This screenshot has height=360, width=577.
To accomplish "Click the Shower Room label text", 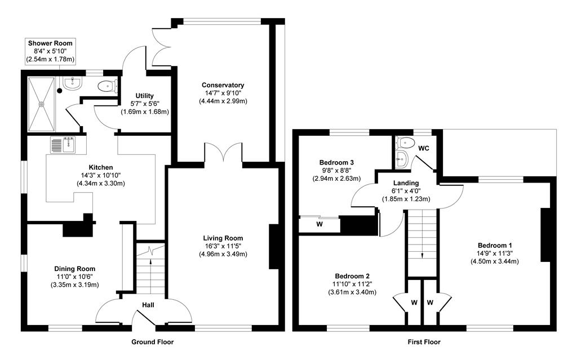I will point(51,43).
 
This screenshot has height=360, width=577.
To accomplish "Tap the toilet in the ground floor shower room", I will point(106,86).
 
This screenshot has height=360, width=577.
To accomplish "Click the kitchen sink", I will point(63,145).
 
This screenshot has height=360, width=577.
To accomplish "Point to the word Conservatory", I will point(223,85).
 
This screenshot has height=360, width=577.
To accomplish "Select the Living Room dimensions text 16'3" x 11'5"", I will point(223,246).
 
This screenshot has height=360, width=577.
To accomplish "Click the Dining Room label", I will point(74,269).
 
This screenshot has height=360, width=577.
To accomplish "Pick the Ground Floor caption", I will point(152,342).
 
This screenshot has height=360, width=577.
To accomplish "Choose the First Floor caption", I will point(424,342).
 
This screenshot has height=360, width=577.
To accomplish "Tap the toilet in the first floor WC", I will point(405,141).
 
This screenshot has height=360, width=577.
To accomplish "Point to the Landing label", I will point(406,183).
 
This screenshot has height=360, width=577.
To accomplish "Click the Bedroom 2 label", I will point(352,275).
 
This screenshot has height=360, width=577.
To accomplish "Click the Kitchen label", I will point(100,167).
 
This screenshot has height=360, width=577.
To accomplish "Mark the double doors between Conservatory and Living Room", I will point(224,154).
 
